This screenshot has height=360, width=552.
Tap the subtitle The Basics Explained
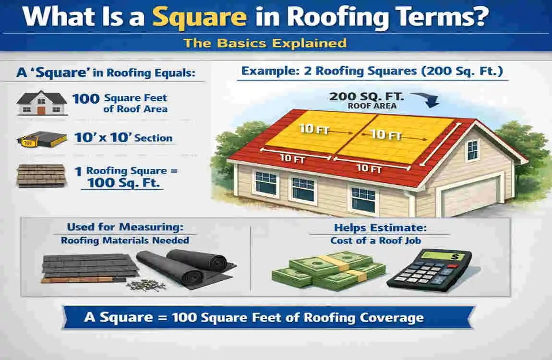click(264, 43)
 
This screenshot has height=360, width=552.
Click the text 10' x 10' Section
click(123, 138)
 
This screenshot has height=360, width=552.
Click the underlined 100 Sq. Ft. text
click(122, 183)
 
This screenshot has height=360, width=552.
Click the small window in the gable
click(472, 150)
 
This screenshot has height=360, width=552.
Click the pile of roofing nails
click(146, 285)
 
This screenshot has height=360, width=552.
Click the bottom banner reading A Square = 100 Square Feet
click(269, 317)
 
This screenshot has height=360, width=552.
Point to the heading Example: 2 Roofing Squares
click(372, 72)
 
